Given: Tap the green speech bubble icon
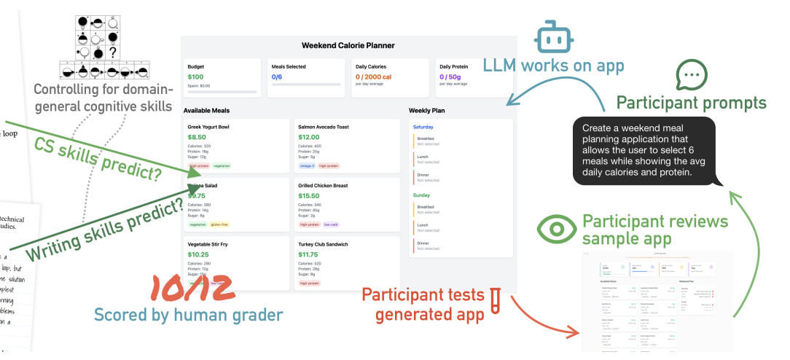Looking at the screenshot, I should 692,75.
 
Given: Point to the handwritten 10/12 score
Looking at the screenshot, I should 192,287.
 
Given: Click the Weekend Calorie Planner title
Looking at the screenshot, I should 348,45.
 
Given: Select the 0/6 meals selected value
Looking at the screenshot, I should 277,77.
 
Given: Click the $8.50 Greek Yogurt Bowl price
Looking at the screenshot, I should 197,137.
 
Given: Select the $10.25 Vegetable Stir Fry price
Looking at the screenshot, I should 199,254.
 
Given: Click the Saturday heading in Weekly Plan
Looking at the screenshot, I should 423,127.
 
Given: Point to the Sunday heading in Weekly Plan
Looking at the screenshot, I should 422,195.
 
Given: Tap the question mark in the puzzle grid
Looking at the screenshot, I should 113,52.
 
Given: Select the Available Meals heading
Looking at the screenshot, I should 208,110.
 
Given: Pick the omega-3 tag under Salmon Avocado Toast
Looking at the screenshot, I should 307,165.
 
